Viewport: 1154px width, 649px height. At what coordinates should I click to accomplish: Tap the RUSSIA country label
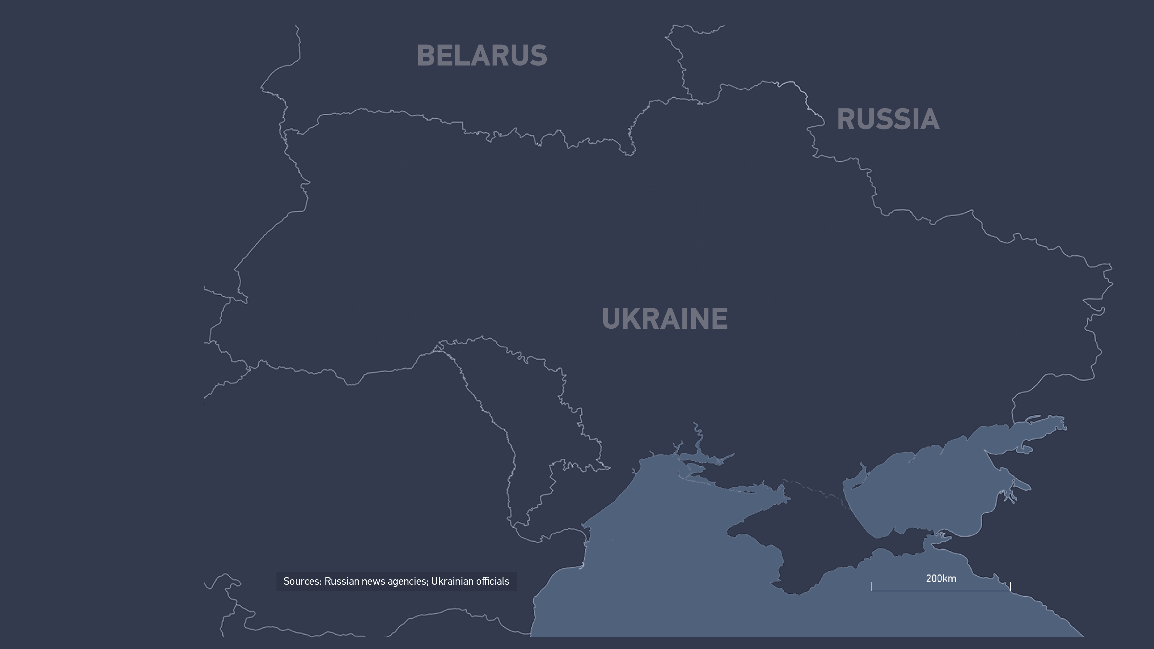[888, 120]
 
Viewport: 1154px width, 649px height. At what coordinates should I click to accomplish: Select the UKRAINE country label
[664, 318]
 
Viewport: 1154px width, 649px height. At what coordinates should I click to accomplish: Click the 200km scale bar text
[941, 579]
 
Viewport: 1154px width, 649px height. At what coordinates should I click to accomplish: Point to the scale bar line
[941, 591]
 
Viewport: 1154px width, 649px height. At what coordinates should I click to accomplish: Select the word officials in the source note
[492, 581]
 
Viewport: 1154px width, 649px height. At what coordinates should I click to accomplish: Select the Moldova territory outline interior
[529, 403]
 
